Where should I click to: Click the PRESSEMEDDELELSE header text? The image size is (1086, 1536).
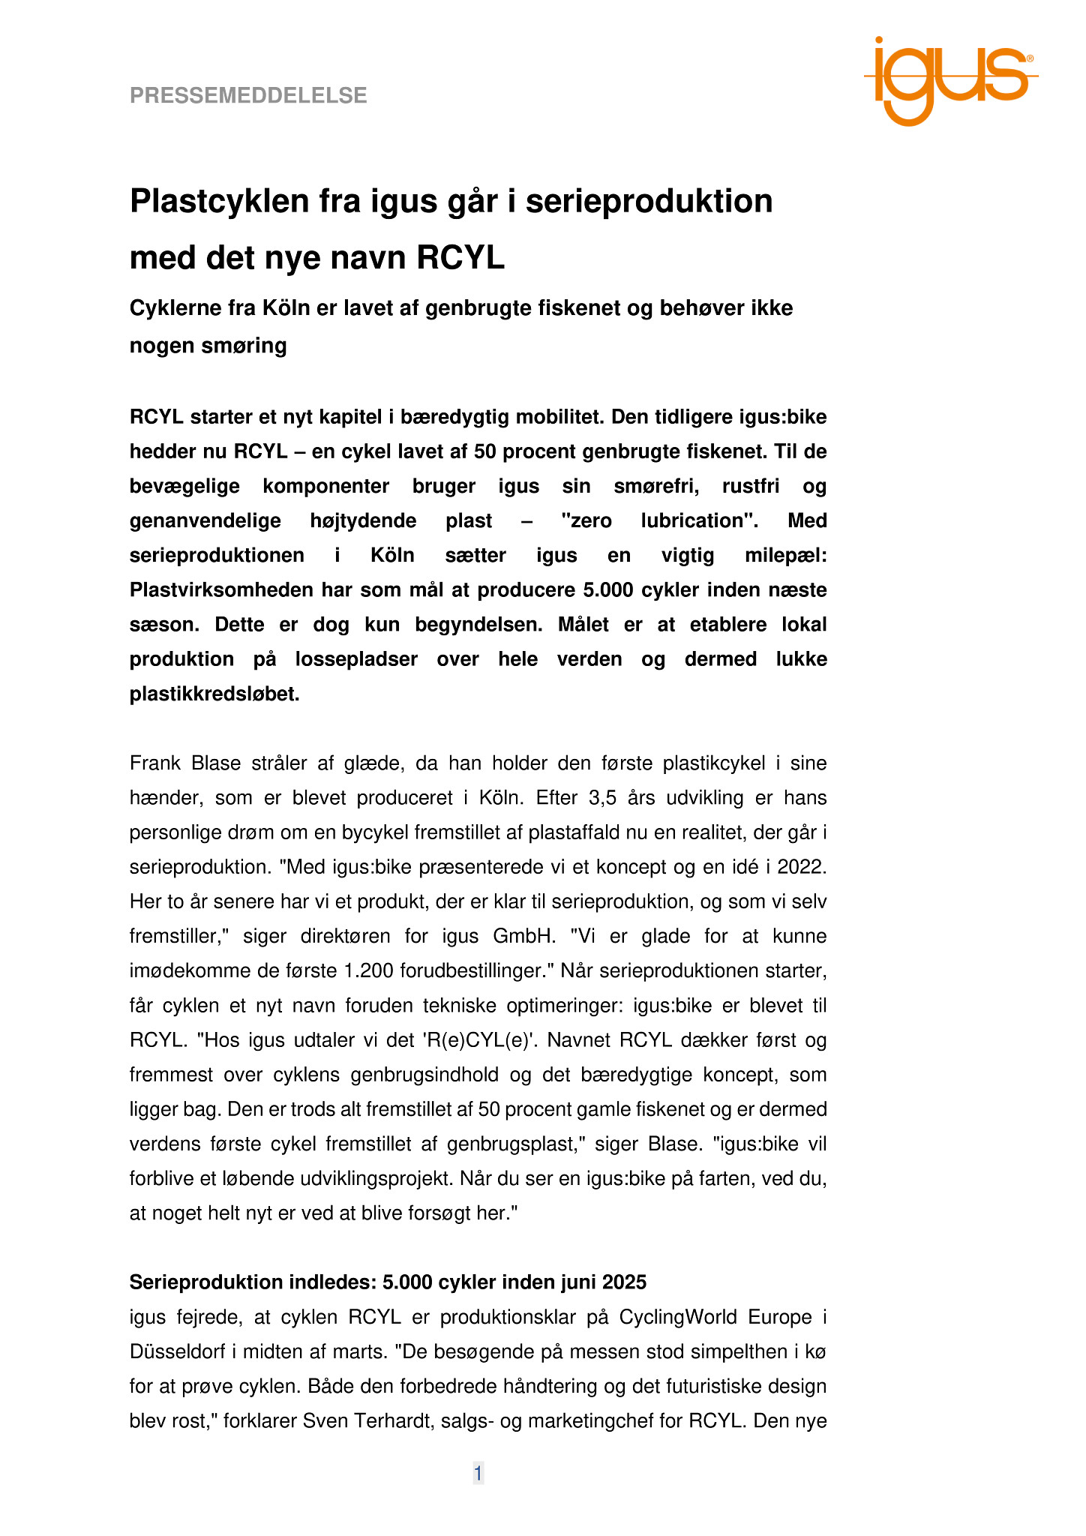point(248,95)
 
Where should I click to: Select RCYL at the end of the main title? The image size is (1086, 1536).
point(460,258)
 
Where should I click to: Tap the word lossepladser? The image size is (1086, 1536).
point(356,659)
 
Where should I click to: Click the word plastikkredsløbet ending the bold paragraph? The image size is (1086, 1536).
point(214,694)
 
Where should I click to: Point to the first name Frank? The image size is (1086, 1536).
point(155,763)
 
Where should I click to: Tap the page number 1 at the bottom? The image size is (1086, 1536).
point(478,1474)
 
